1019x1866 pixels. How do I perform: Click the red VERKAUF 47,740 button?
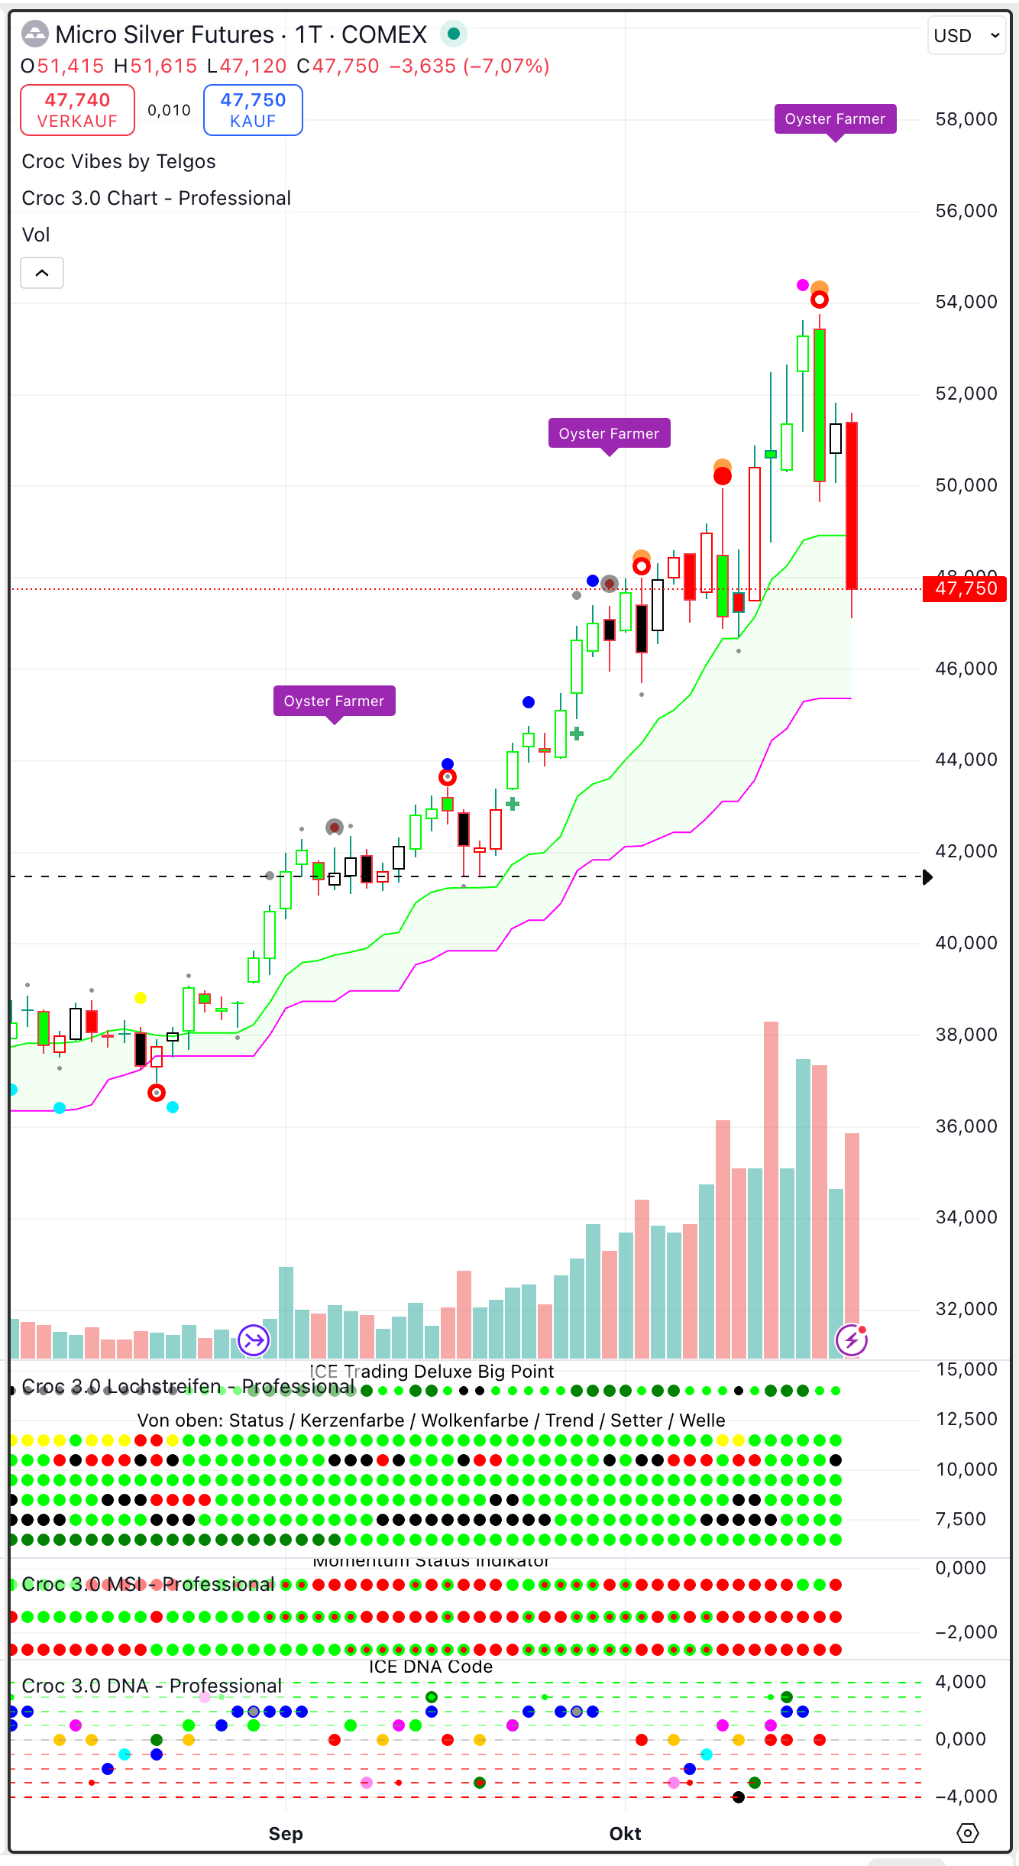pos(77,110)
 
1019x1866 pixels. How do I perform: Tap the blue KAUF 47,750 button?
pos(253,110)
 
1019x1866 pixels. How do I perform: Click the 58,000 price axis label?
pos(966,119)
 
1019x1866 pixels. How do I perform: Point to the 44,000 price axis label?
pos(966,760)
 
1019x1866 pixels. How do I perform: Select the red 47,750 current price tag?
pos(966,588)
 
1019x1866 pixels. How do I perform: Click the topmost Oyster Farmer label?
pos(835,119)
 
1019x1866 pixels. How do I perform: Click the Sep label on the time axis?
pos(286,1834)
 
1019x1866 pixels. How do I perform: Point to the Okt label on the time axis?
pos(625,1834)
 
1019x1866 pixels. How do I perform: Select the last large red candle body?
pos(852,504)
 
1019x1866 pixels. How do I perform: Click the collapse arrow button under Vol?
pos(42,273)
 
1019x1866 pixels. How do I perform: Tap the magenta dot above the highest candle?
pos(802,285)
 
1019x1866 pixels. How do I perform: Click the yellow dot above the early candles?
pos(141,998)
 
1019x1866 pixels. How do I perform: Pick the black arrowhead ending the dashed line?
pos(927,877)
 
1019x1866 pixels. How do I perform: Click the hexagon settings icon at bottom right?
pos(967,1833)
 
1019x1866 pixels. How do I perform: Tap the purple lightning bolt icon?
pos(851,1340)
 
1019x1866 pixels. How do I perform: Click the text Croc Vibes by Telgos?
pos(118,162)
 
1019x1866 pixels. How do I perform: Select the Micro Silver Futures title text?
pos(164,35)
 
